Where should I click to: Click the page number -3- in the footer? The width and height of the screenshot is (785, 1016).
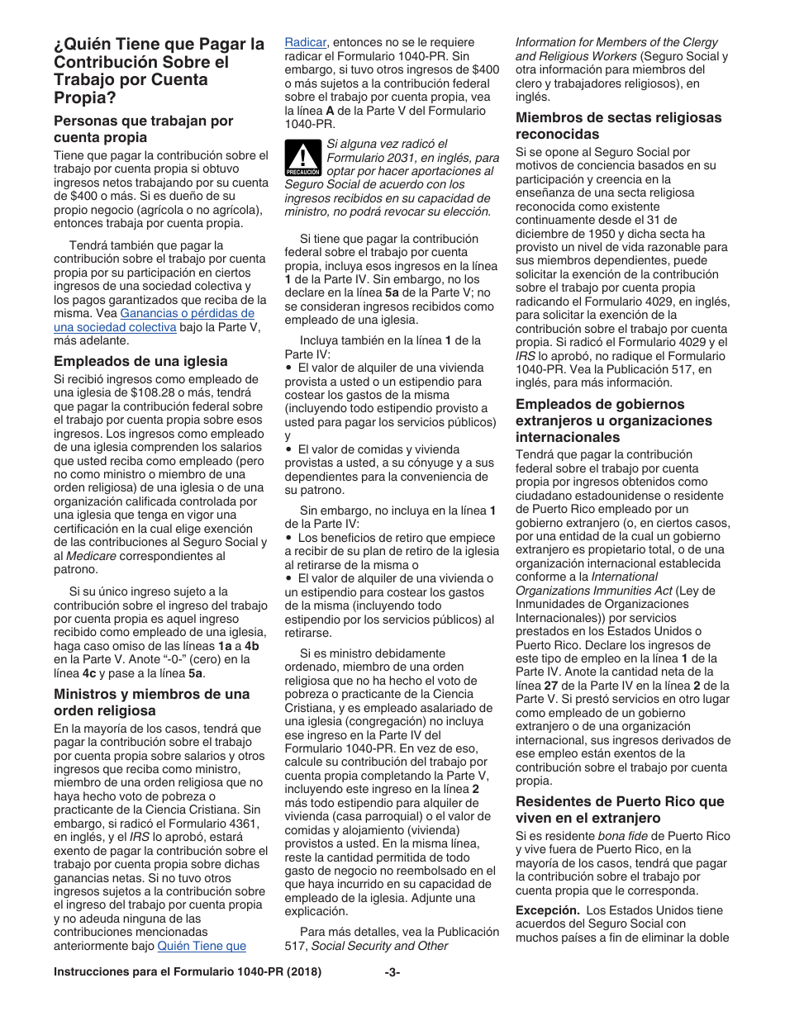coord(392,972)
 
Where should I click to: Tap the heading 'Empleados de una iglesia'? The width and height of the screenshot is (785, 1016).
coord(140,361)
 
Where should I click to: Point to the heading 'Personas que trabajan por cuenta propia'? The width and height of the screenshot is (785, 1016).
coord(143,129)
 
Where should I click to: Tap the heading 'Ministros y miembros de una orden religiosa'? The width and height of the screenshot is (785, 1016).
coord(151,702)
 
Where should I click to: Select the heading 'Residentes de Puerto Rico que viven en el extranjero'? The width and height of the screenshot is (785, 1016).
coord(620,809)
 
